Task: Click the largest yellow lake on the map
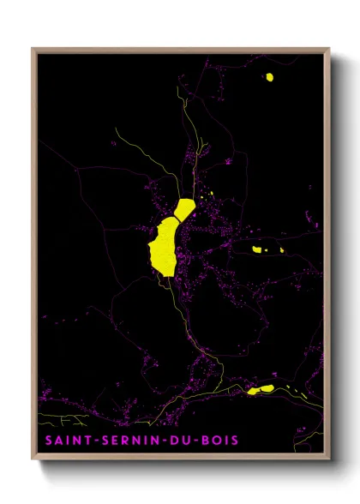click(164, 247)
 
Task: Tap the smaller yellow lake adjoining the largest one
click(185, 208)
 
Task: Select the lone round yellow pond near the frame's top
click(269, 77)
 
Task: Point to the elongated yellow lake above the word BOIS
click(261, 389)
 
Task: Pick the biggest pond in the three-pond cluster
click(256, 249)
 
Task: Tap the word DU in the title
click(182, 441)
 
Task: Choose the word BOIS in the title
click(219, 441)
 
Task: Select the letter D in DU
click(176, 441)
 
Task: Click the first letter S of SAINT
click(45, 441)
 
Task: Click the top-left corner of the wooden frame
click(33, 48)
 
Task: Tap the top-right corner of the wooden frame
click(329, 48)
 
